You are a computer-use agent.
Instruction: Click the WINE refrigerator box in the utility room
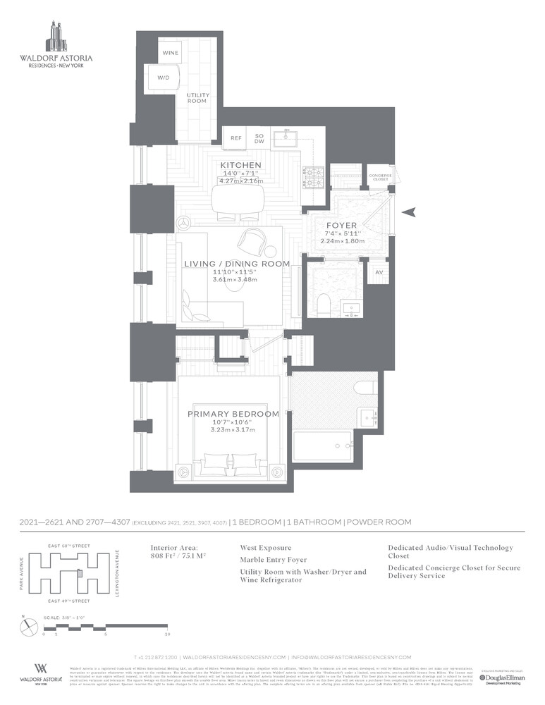tap(170, 54)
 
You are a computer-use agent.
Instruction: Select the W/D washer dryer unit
tap(162, 78)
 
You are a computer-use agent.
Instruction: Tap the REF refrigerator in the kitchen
tap(236, 138)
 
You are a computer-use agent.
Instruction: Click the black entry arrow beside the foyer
tap(412, 211)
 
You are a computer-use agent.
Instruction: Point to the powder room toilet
tap(324, 303)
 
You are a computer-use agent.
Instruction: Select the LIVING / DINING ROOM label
tap(237, 264)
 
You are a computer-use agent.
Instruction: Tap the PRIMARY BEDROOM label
tap(233, 414)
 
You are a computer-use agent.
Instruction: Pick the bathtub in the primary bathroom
tap(323, 446)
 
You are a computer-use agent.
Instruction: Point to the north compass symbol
tap(25, 621)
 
